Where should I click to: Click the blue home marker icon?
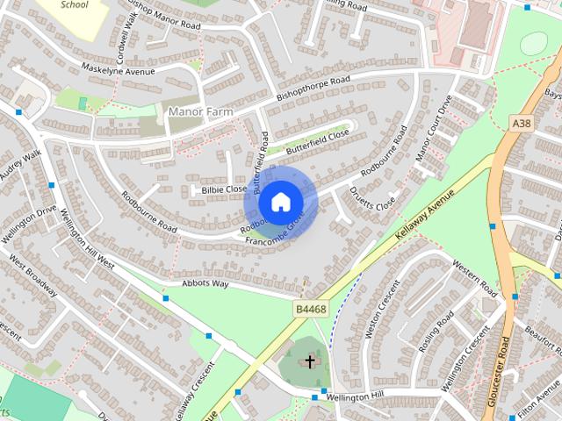[x=279, y=203]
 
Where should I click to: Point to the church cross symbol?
[x=309, y=361]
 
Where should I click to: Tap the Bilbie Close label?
[x=224, y=189]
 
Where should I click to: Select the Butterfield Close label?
[x=317, y=140]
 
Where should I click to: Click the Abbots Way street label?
[x=205, y=284]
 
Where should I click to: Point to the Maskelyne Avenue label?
[x=118, y=71]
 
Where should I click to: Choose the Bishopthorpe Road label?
[x=313, y=88]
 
